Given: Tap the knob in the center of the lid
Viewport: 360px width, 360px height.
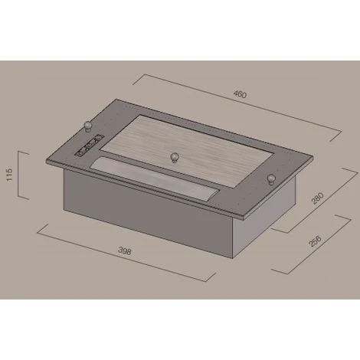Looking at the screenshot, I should (x=175, y=158).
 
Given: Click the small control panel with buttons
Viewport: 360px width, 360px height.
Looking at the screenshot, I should (x=88, y=146).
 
